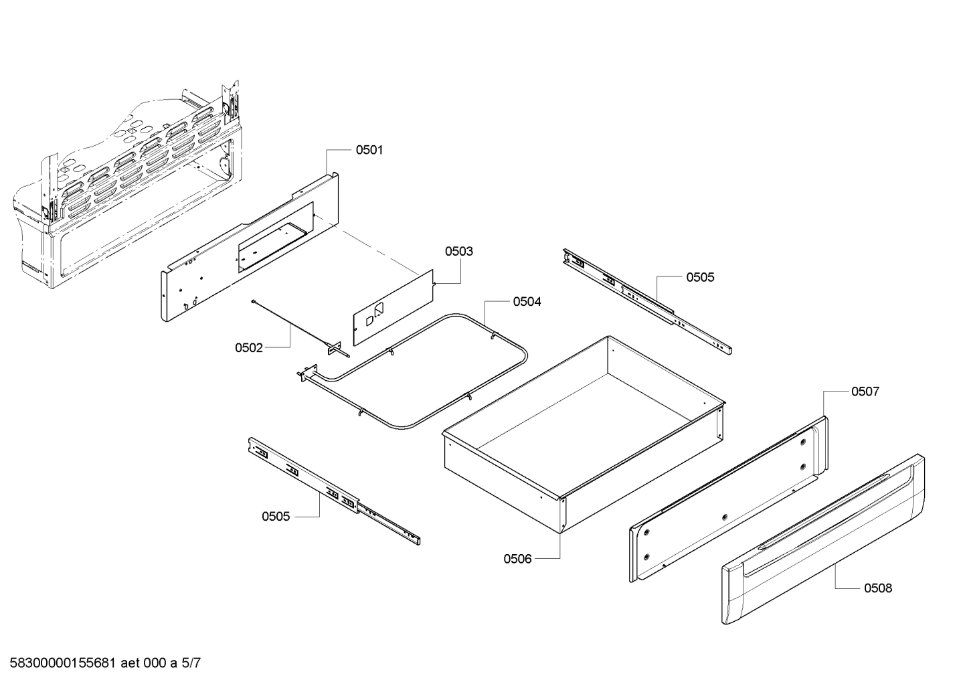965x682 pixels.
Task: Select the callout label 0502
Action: (x=248, y=348)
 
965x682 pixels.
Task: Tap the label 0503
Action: (x=459, y=252)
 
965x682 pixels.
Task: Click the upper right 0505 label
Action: (x=699, y=277)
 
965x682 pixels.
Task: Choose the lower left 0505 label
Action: (x=276, y=516)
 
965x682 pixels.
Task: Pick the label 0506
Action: (x=517, y=558)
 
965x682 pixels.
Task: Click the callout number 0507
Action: (x=865, y=392)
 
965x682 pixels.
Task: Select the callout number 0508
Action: (x=877, y=588)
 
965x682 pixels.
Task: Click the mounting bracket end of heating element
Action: (x=308, y=373)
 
